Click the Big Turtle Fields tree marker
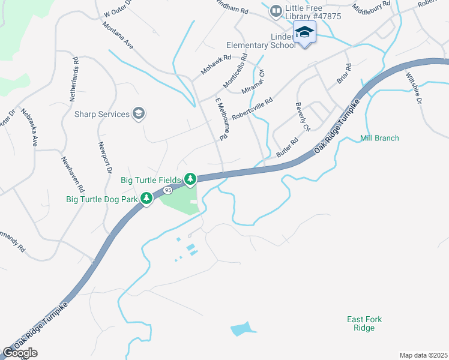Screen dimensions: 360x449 click(x=190, y=179)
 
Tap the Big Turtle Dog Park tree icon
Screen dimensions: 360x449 click(x=146, y=198)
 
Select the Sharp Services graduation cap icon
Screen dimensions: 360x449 click(x=139, y=114)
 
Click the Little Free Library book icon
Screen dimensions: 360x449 click(x=276, y=10)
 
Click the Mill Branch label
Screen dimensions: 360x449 click(x=379, y=138)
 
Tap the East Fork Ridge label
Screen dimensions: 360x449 click(x=364, y=324)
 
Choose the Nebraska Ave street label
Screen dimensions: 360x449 click(x=29, y=128)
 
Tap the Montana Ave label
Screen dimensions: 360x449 click(x=118, y=35)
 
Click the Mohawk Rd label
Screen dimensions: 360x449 click(x=216, y=65)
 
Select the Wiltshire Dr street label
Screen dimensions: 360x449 click(x=414, y=88)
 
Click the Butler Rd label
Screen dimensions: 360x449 click(x=288, y=148)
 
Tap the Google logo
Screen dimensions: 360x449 click(x=20, y=353)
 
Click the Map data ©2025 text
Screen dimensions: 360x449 click(x=423, y=355)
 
